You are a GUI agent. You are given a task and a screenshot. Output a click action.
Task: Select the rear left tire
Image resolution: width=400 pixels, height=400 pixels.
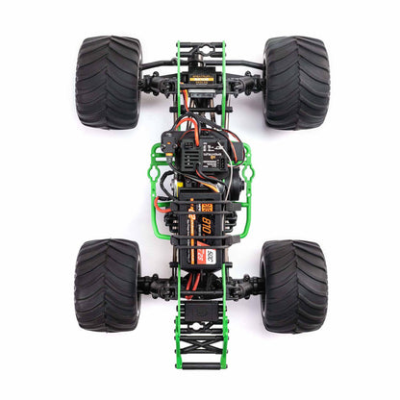point(107,286)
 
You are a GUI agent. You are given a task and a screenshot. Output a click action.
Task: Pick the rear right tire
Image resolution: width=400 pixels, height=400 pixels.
point(292,286)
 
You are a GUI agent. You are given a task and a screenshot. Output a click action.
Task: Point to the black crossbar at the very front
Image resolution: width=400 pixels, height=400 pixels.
point(200,43)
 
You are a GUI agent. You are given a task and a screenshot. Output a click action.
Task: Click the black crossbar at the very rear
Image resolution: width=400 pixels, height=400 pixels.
point(200,365)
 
